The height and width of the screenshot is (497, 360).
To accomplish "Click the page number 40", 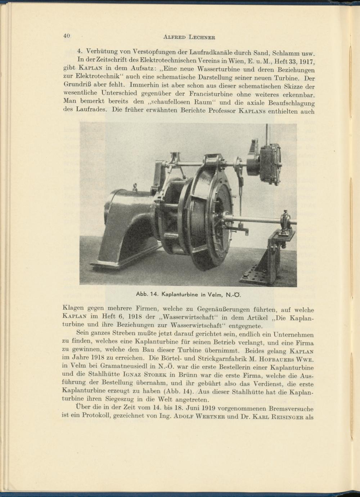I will (66, 36).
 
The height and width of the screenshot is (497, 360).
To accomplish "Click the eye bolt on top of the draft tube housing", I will (135, 186).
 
